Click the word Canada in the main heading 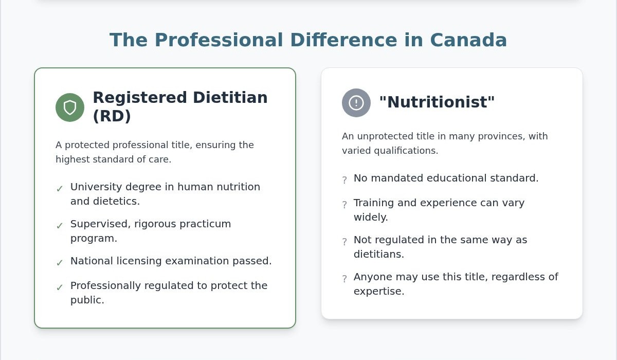click(x=468, y=40)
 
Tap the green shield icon click(x=70, y=107)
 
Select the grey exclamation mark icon click(x=356, y=103)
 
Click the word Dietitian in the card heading click(x=230, y=98)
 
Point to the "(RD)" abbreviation click(x=112, y=116)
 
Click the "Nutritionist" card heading click(x=437, y=102)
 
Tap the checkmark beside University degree click(x=60, y=189)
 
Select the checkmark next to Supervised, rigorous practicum click(x=60, y=226)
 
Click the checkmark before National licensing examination click(x=60, y=263)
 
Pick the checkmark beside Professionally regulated click(x=60, y=287)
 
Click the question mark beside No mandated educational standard click(x=344, y=180)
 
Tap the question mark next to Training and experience click(x=344, y=205)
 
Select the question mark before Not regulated click(x=344, y=242)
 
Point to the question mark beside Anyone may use click(x=344, y=279)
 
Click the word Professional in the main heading click(x=219, y=40)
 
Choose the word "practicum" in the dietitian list click(x=205, y=224)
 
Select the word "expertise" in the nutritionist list click(x=379, y=292)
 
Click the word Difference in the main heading click(x=344, y=40)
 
